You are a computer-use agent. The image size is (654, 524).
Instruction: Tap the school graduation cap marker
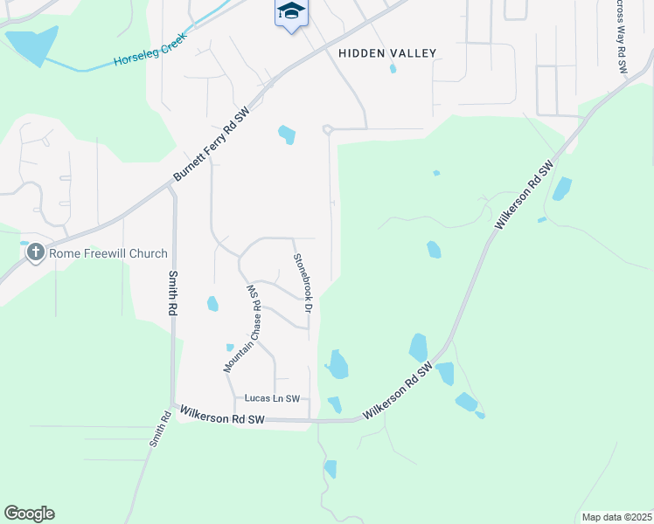point(291,12)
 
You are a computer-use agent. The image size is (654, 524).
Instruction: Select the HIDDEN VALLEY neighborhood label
point(386,53)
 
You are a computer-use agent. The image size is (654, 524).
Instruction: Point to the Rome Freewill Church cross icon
point(36,253)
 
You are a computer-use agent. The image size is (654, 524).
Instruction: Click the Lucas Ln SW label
point(272,398)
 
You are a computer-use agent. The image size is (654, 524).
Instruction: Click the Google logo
point(29,514)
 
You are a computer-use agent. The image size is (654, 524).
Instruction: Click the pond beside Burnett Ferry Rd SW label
point(287,135)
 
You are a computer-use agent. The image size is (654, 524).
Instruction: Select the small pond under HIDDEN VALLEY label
point(393,68)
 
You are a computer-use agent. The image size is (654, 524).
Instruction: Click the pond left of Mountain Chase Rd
point(212,304)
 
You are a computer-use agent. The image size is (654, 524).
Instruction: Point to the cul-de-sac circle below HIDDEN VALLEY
point(328,129)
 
